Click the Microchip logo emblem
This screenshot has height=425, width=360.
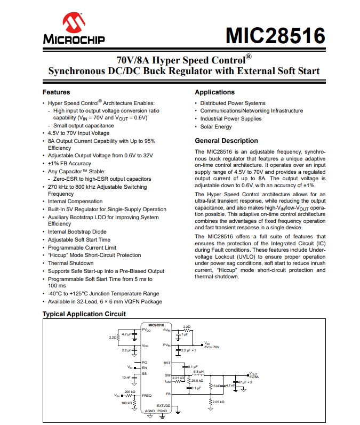click(x=73, y=23)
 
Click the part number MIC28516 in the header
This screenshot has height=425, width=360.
click(x=275, y=36)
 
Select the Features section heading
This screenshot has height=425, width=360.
click(x=56, y=92)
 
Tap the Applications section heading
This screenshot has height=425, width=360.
click(x=214, y=92)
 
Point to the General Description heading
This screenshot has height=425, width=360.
click(x=226, y=141)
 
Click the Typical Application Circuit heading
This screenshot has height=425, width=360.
click(x=84, y=314)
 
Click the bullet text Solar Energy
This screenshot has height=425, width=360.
click(x=216, y=127)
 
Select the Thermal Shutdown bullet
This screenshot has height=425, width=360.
click(x=70, y=263)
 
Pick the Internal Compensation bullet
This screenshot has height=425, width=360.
click(x=75, y=202)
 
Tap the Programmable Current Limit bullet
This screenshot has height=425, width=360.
click(x=82, y=247)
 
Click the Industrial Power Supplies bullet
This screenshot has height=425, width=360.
click(x=231, y=119)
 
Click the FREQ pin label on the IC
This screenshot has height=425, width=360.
click(x=147, y=395)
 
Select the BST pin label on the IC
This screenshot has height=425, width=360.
click(x=167, y=363)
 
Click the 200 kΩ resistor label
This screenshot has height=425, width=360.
click(x=129, y=391)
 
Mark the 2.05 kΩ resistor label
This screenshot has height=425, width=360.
click(x=219, y=402)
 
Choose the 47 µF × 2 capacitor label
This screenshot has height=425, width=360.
click(x=246, y=382)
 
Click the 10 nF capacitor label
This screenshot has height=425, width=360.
click(x=126, y=377)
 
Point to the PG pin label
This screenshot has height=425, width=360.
click(x=145, y=362)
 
